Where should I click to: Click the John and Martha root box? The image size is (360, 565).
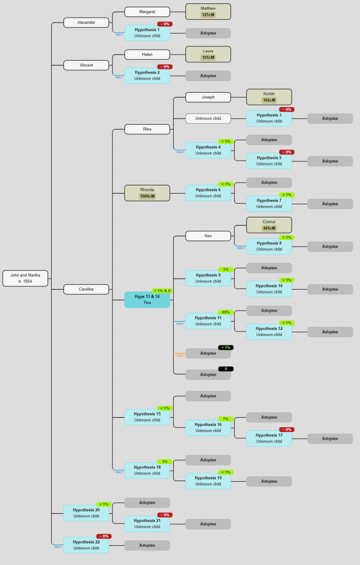pos(25,278)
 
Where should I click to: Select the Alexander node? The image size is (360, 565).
pos(86,23)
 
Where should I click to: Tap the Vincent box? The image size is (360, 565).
pos(86,65)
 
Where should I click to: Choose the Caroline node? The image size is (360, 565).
pos(86,289)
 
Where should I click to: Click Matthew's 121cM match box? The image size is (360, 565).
pos(208,12)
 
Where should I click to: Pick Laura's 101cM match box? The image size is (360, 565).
pos(208,54)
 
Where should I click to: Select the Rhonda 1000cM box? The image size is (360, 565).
pos(147,193)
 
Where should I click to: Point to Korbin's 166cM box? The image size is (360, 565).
pos(269,97)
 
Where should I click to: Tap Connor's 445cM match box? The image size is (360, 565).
pos(269,225)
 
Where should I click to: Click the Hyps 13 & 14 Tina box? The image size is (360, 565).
pos(147,300)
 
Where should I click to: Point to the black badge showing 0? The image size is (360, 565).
pos(226,369)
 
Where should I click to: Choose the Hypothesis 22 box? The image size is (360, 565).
pos(86,545)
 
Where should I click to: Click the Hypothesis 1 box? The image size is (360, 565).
pos(147,33)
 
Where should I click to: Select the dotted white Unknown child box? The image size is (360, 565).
pos(208,119)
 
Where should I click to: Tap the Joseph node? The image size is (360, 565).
pos(208,97)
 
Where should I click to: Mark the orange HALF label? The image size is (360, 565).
pos(180,356)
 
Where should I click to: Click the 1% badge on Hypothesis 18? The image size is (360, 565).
pos(165,461)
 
